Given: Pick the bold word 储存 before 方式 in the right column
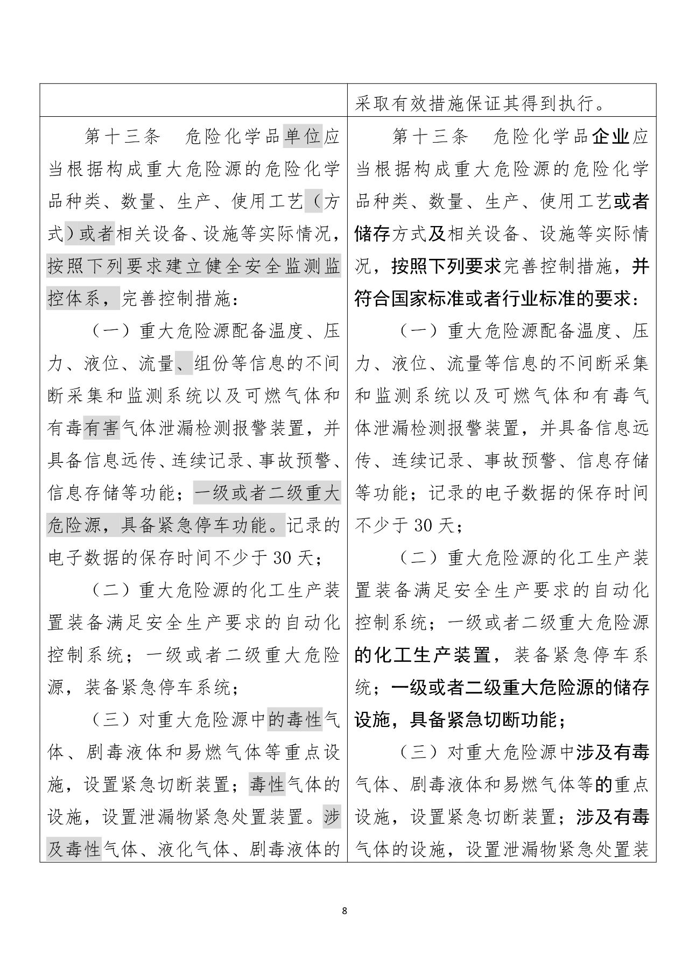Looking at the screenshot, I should tap(372, 234).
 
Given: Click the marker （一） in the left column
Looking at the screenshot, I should tap(110, 331).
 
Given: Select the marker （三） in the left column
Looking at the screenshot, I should tap(110, 720).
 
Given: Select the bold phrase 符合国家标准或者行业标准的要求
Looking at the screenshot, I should tap(493, 299).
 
